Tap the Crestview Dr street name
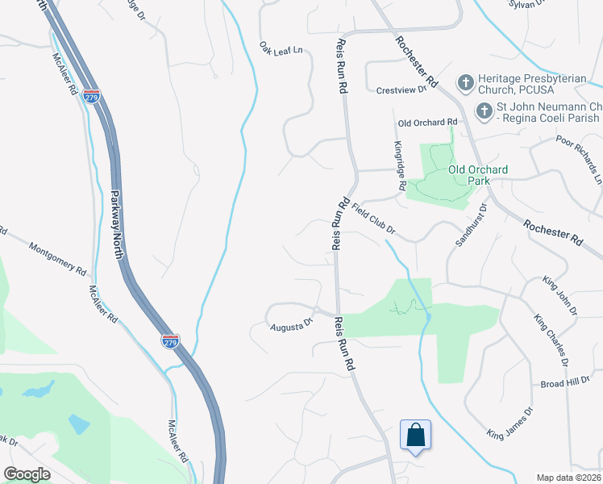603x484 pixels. pos(401,90)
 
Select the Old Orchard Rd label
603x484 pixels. pos(428,122)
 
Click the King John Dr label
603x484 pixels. pos(559,295)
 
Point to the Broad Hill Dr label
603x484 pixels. pos(566,383)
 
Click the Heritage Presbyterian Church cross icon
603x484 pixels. pos(465,82)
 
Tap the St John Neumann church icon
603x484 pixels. pos(484,112)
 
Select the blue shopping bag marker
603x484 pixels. pos(415,435)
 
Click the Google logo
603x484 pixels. pos(27,474)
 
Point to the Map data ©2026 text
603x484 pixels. pos(568,478)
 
